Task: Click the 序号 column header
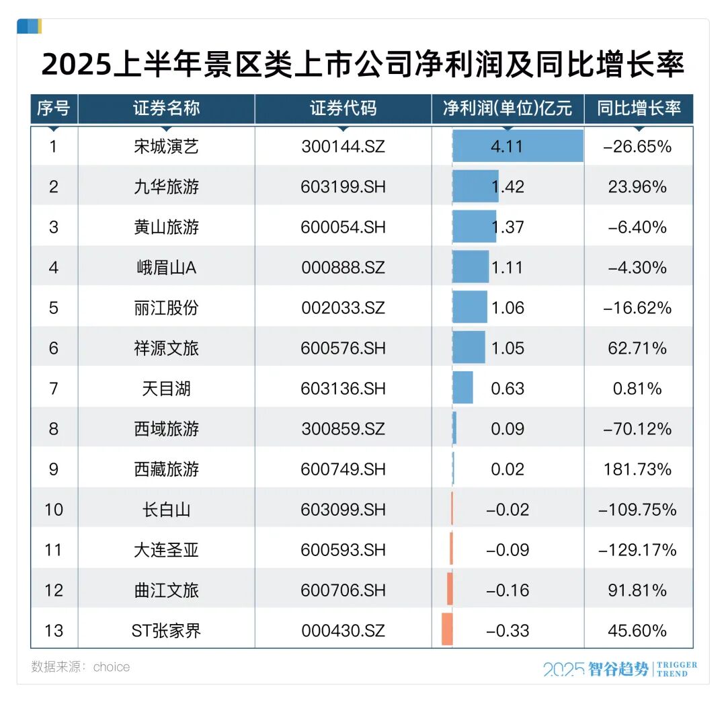click(54, 108)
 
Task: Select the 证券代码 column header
click(343, 108)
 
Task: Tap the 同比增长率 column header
click(639, 108)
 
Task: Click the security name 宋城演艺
click(167, 147)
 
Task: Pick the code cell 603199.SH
click(343, 187)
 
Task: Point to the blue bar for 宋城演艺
click(518, 146)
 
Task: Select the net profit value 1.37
click(508, 227)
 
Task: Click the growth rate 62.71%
click(637, 348)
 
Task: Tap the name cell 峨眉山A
click(167, 268)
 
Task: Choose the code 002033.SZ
click(343, 308)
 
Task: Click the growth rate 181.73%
click(637, 469)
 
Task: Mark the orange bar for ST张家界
click(447, 630)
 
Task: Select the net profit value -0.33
click(508, 631)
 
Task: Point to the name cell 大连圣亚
click(167, 550)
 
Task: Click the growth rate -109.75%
click(637, 510)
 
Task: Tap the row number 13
click(54, 631)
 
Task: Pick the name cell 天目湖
click(167, 389)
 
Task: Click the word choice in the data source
click(112, 667)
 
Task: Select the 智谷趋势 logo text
click(618, 669)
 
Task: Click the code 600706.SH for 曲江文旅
click(343, 590)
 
